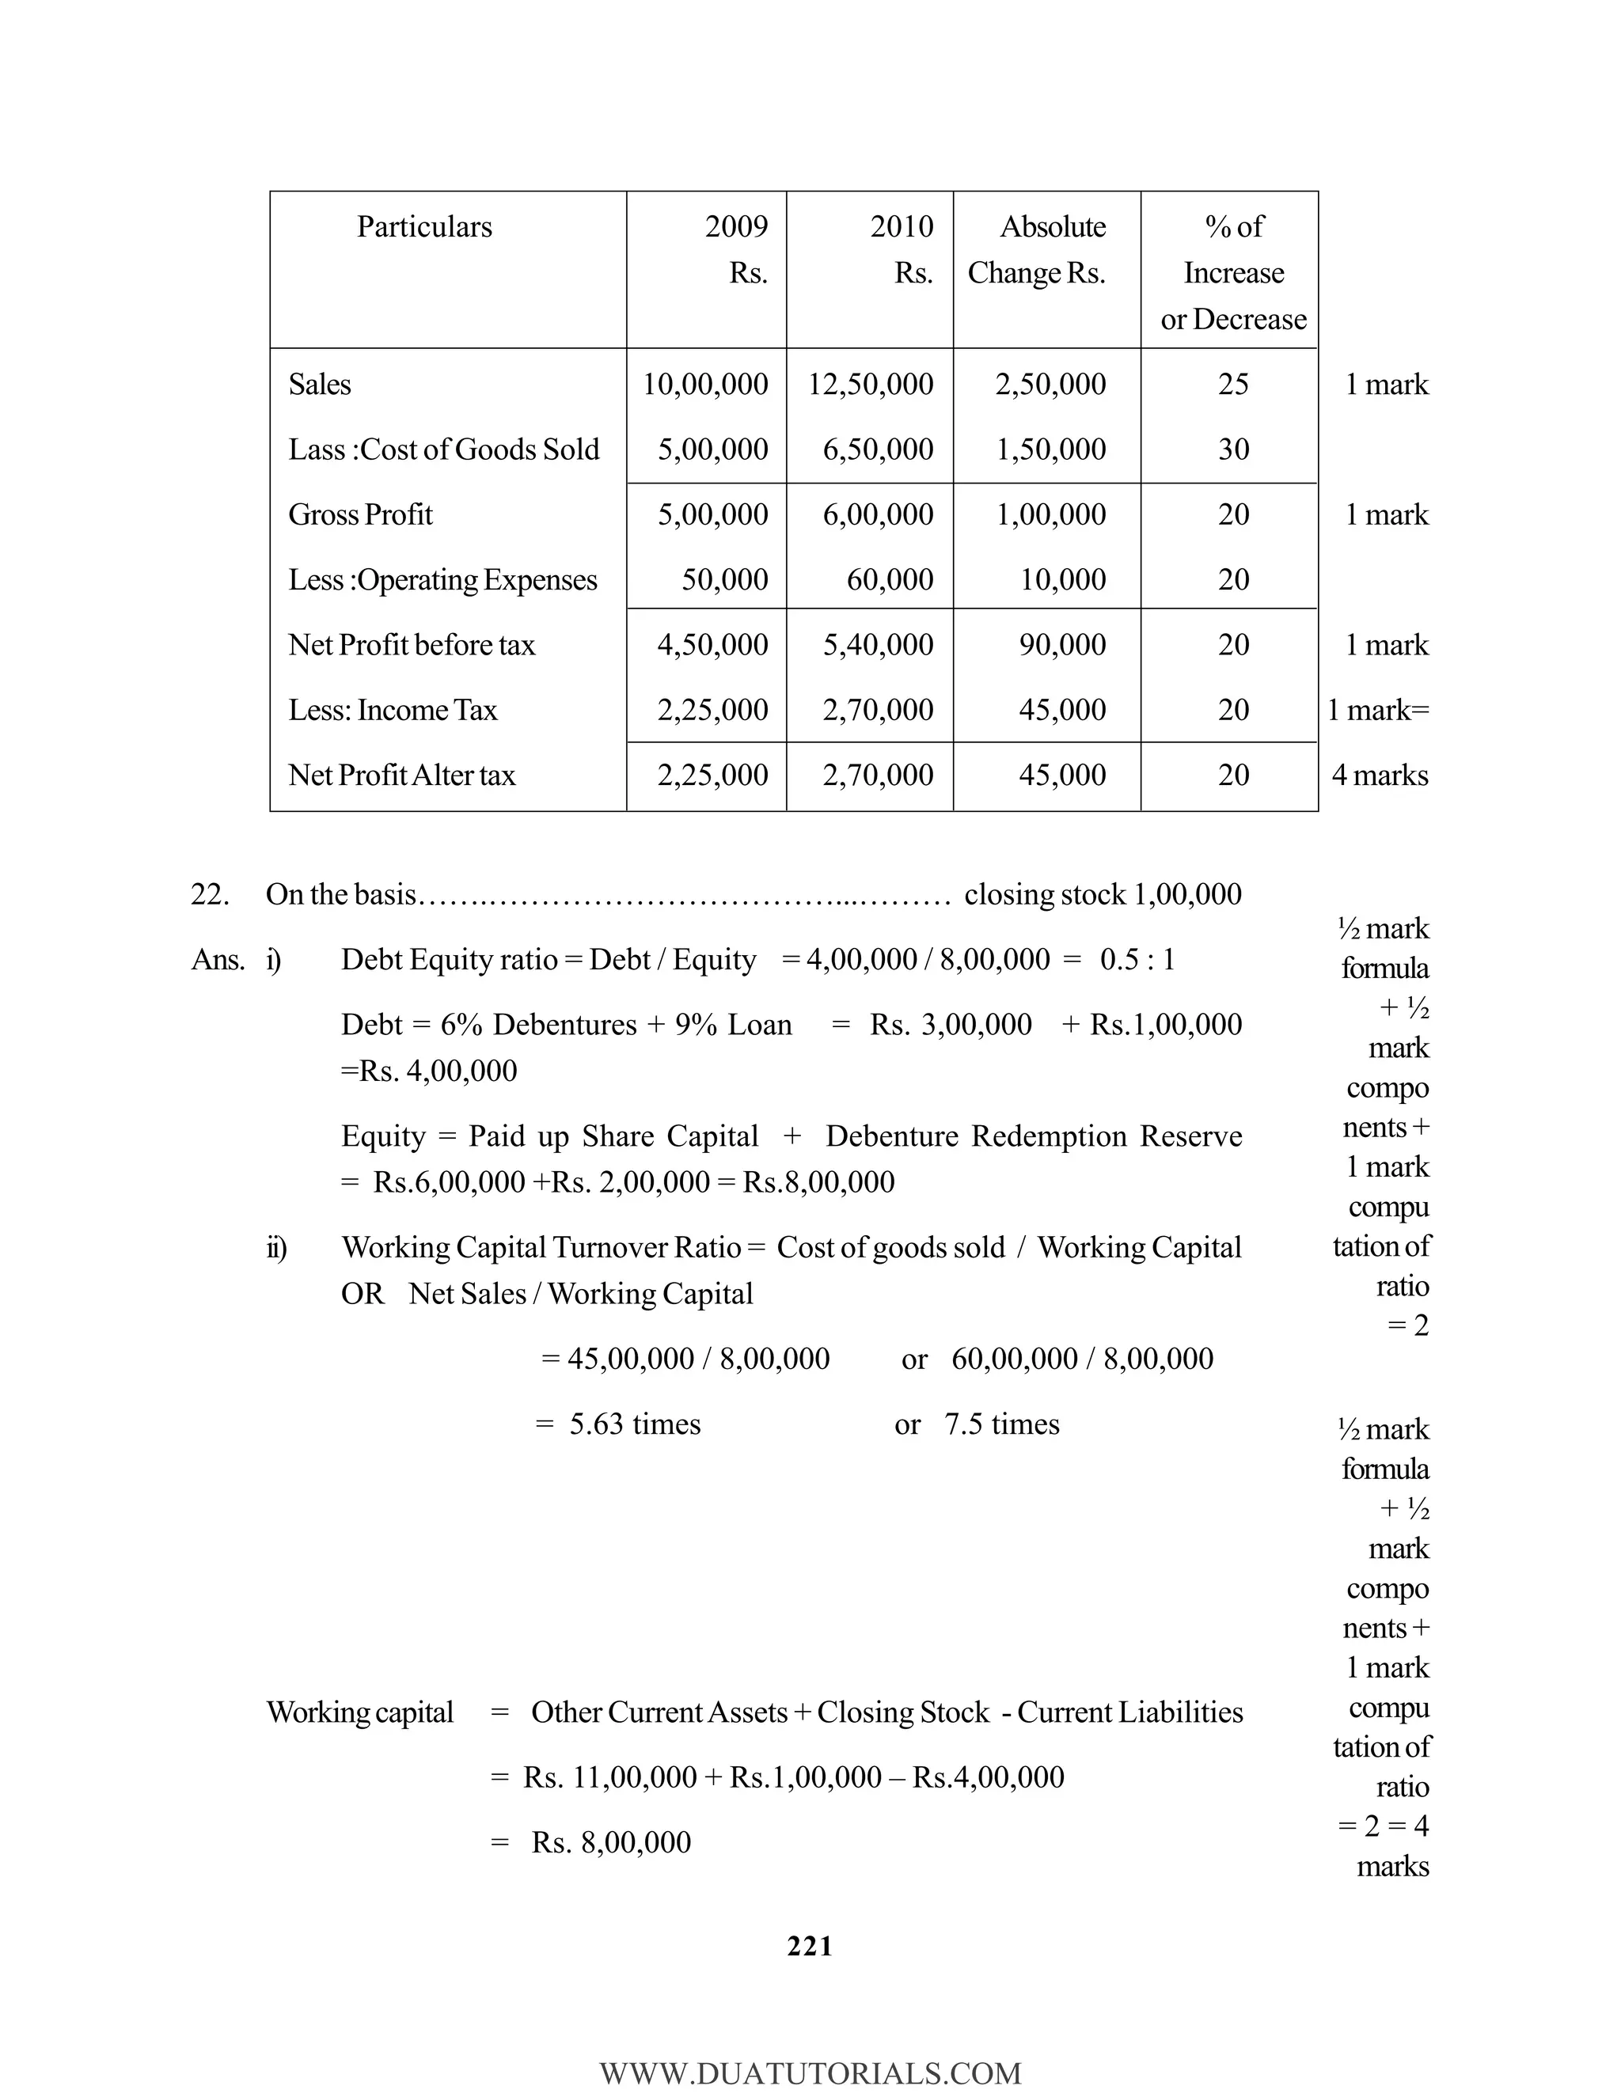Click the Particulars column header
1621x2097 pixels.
click(424, 226)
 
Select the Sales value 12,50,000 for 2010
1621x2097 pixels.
click(870, 384)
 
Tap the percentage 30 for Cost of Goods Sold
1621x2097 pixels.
click(1233, 449)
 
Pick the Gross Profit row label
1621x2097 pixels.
click(360, 514)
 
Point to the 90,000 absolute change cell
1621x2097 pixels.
click(1062, 644)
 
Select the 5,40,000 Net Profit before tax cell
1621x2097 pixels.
click(878, 644)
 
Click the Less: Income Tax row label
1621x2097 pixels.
click(393, 710)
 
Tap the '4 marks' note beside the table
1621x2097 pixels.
click(1380, 775)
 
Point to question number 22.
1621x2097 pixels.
click(209, 894)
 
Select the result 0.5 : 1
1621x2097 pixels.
click(1137, 959)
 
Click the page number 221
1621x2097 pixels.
click(810, 1947)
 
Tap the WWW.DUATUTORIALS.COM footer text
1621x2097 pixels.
click(810, 2074)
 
